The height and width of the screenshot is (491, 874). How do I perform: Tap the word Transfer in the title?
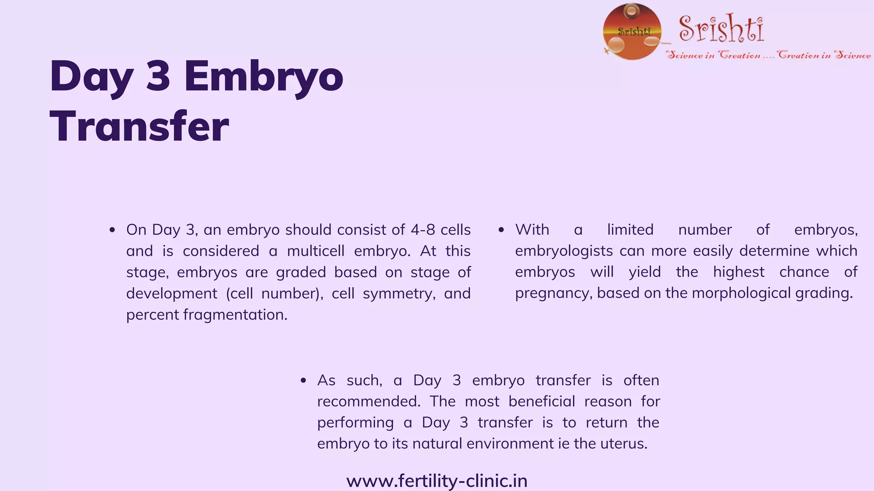[140, 127]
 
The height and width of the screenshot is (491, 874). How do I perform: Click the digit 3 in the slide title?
[158, 77]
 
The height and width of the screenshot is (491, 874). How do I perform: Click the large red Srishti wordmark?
[721, 29]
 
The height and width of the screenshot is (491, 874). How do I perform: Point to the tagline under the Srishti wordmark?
[769, 55]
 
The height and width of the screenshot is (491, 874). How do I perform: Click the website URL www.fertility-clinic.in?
[437, 481]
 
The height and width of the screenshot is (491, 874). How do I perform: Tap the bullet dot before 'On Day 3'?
[112, 230]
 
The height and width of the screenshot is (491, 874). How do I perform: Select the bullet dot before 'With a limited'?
[501, 230]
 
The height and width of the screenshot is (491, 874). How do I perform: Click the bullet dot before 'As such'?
[303, 381]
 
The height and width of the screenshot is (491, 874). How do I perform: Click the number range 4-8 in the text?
[423, 230]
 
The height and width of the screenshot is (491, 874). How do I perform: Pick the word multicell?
[315, 251]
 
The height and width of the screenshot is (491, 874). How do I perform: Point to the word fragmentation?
[235, 315]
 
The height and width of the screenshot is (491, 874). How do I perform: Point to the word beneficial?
[542, 401]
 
